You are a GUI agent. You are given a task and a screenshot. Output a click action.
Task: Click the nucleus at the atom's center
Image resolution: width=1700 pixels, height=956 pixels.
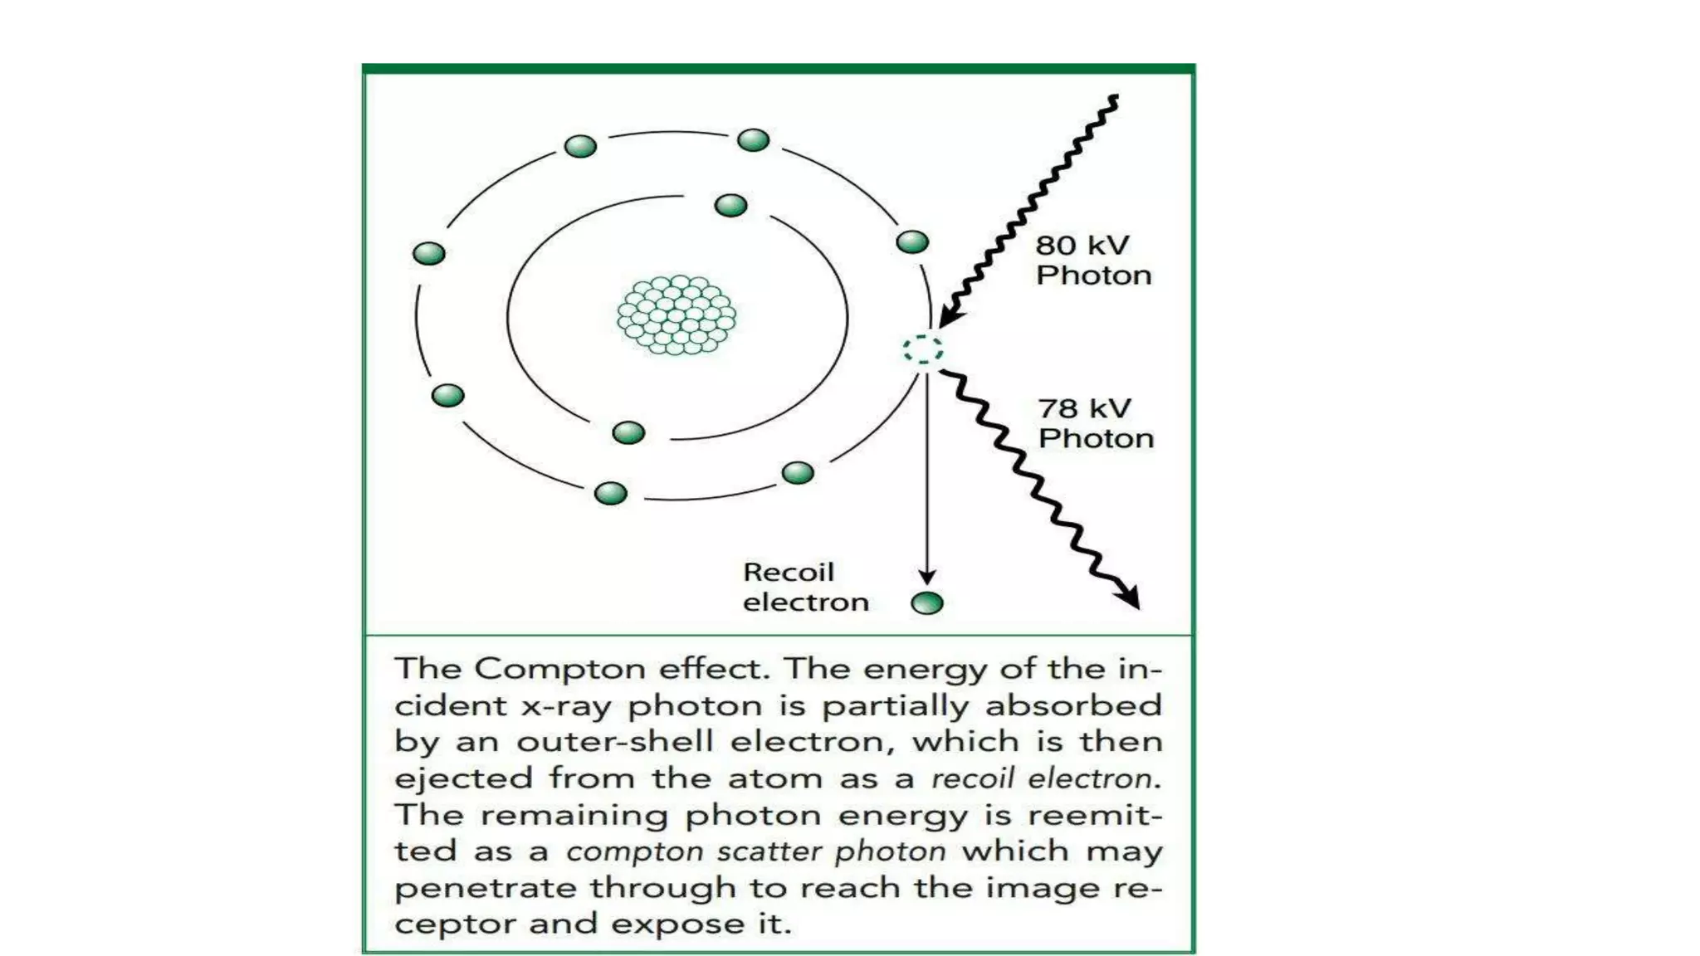click(x=677, y=315)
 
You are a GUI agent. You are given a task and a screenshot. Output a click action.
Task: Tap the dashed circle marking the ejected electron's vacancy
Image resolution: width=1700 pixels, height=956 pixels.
click(x=923, y=349)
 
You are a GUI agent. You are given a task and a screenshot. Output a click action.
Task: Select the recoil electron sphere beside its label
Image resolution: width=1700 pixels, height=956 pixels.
click(x=927, y=603)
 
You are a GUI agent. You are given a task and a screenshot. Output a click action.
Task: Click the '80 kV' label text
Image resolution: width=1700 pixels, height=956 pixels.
click(x=1082, y=246)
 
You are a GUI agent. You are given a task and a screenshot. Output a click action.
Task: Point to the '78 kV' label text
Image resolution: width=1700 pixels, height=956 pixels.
click(x=1084, y=408)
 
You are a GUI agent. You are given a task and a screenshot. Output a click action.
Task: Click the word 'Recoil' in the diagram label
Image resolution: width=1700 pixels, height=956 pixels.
click(x=788, y=573)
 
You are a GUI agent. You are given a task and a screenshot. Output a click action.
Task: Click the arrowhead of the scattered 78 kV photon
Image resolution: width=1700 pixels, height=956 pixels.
click(x=1130, y=597)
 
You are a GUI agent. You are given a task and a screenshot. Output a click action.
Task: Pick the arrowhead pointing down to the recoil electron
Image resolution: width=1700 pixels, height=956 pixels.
click(x=927, y=577)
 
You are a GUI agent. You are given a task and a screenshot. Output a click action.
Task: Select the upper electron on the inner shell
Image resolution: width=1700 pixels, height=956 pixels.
click(x=730, y=205)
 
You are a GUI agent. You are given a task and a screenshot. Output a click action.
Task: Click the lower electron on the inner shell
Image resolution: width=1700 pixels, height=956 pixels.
click(x=628, y=432)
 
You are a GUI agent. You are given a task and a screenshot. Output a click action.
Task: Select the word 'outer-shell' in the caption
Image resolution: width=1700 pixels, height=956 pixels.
click(x=615, y=741)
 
